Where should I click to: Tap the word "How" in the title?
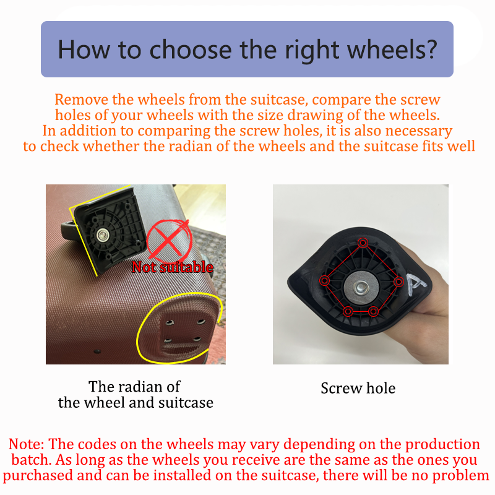click(x=84, y=50)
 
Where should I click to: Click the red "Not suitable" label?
click(x=173, y=267)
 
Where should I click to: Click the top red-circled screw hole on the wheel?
click(x=363, y=243)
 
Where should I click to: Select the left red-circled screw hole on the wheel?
click(x=324, y=280)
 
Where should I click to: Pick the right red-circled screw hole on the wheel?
click(x=398, y=282)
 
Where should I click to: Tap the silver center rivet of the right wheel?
click(x=360, y=288)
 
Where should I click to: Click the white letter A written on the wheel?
click(x=416, y=284)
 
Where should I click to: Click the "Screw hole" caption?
click(x=358, y=388)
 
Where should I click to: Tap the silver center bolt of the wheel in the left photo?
click(x=103, y=235)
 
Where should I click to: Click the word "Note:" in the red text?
click(x=27, y=444)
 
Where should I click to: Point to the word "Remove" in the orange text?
click(x=82, y=100)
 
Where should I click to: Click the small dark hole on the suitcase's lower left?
click(x=97, y=351)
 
